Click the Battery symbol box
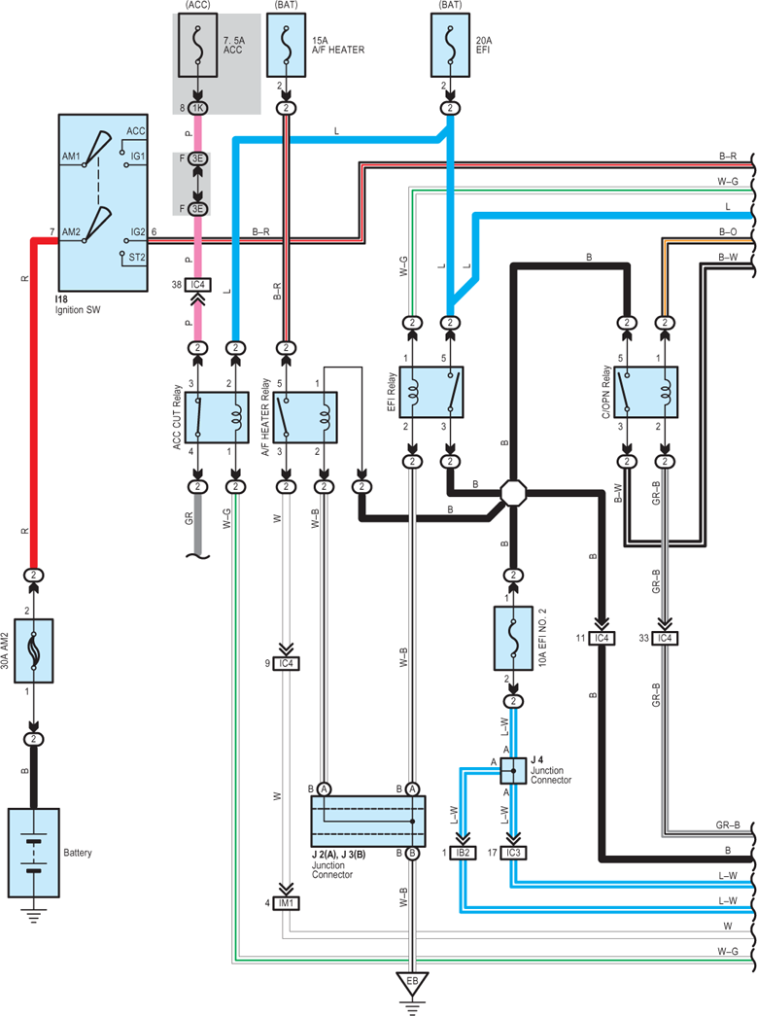point(34,853)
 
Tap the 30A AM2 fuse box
point(34,650)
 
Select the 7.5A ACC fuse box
point(197,45)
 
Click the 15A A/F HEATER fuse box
point(287,45)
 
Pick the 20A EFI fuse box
point(450,45)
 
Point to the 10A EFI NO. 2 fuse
point(513,638)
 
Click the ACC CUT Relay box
point(217,417)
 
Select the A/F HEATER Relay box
point(305,417)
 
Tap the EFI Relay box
point(431,392)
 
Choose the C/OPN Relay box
point(645,392)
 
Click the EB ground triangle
point(412,983)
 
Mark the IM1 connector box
point(287,902)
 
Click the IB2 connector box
point(463,853)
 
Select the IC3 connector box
point(513,853)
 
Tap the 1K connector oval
point(197,108)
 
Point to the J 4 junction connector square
point(513,771)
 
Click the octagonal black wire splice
point(513,493)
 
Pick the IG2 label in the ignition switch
point(138,231)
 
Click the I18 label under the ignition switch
point(61,299)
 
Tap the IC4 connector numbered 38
point(197,285)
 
